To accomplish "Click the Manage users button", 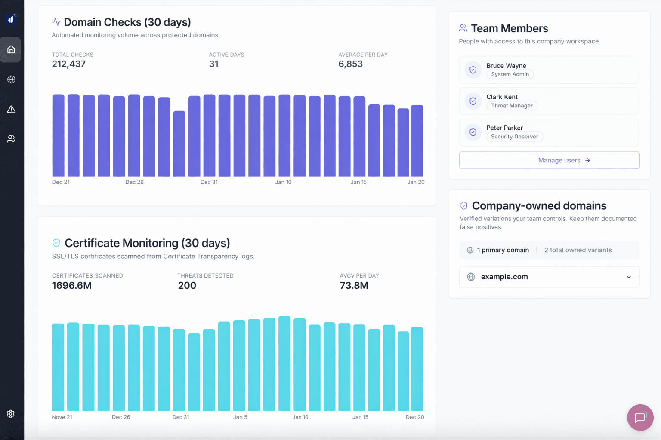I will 549,160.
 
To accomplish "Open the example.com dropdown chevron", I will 629,277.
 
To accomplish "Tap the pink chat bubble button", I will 640,417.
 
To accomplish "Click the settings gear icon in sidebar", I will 11,414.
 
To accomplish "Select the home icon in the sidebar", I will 11,49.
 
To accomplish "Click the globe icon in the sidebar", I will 11,79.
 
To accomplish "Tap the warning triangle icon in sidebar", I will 11,110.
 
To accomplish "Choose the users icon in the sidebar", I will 11,139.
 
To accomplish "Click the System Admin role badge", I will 510,74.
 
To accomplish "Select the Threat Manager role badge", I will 512,106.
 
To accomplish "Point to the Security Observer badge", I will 514,137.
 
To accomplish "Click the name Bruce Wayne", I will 506,66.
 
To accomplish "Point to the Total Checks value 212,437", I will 69,64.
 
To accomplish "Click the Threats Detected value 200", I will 187,286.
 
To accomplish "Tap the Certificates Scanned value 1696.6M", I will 72,286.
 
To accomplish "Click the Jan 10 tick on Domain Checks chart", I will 283,182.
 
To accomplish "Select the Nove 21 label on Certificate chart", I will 62,417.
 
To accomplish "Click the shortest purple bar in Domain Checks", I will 179,144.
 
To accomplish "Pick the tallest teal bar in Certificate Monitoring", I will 284,364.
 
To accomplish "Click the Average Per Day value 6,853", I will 350,64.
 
